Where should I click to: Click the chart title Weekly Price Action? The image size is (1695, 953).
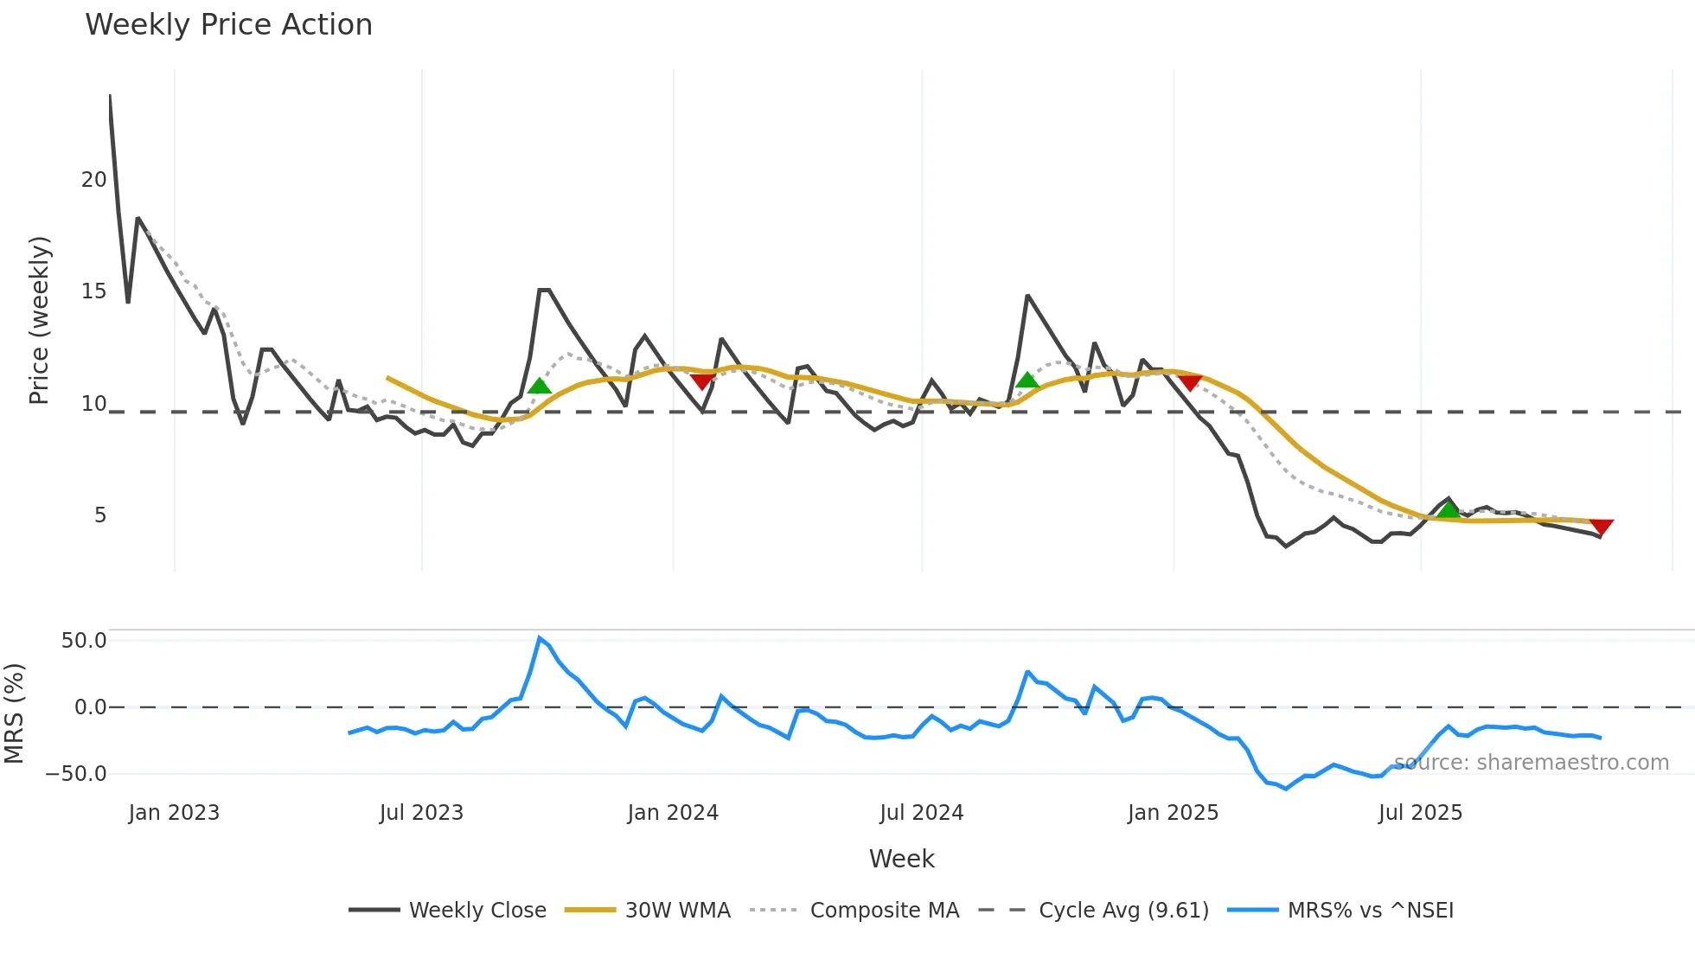[x=228, y=24]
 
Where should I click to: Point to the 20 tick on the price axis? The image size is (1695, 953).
[x=93, y=180]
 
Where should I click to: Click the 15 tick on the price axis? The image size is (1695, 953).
[x=93, y=291]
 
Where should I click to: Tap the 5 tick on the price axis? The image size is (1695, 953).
[x=100, y=515]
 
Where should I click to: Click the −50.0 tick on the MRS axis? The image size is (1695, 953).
[x=76, y=774]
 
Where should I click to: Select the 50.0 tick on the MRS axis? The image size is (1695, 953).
[x=83, y=641]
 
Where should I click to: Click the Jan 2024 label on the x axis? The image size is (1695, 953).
[x=673, y=813]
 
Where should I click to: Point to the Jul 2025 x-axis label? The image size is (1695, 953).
[x=1420, y=813]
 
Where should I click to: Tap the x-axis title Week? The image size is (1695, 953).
[x=901, y=859]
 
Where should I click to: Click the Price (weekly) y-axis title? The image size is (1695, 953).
[x=39, y=320]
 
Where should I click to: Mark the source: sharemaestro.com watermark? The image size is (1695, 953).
[x=1531, y=763]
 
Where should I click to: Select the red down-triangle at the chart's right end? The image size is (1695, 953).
[x=1601, y=527]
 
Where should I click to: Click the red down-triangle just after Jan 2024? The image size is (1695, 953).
[x=702, y=381]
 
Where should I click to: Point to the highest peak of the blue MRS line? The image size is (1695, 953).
[x=539, y=638]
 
